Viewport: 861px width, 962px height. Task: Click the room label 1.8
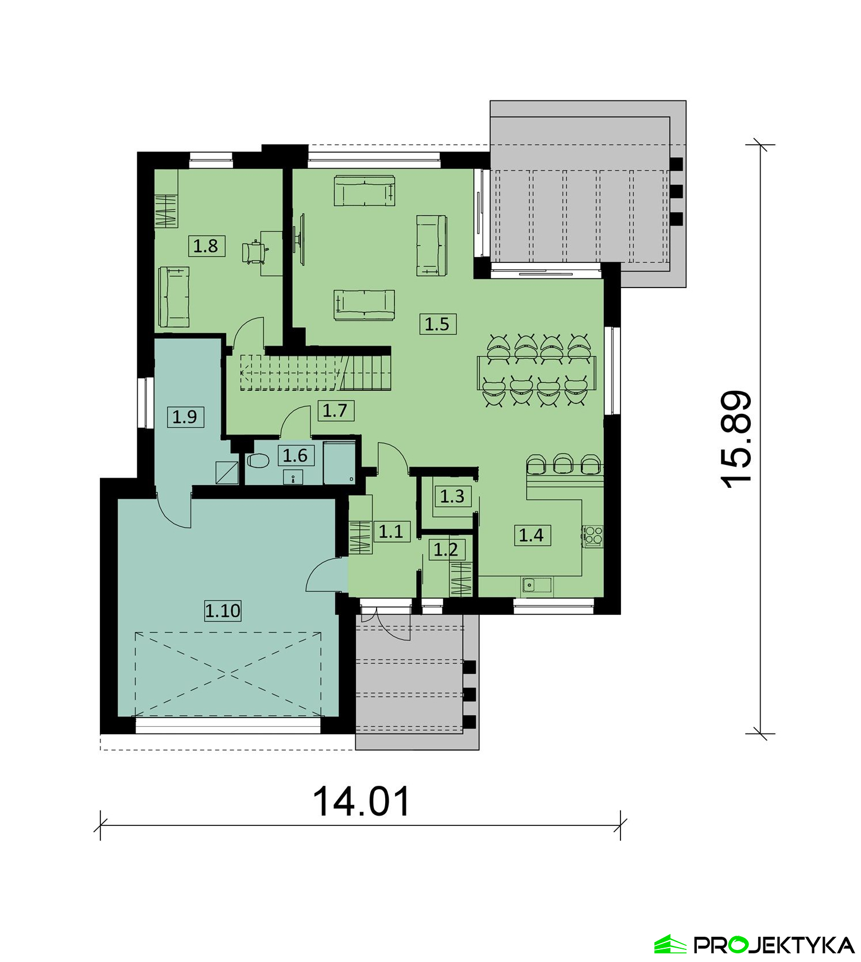(206, 246)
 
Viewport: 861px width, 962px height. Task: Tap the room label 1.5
(437, 324)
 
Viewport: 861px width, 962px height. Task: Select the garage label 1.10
(223, 610)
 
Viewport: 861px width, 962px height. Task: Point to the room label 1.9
(185, 417)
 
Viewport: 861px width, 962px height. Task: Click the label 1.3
(452, 496)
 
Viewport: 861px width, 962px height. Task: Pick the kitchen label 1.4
(532, 535)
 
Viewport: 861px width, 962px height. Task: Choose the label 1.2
(446, 550)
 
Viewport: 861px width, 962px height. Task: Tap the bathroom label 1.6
(296, 456)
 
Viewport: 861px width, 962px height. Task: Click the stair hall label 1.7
(335, 410)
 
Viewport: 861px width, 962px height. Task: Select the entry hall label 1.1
(391, 532)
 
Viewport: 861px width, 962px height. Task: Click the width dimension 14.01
(362, 801)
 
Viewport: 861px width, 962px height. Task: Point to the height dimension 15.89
(736, 439)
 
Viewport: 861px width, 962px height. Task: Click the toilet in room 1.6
(258, 460)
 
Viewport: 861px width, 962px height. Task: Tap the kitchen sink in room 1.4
(537, 585)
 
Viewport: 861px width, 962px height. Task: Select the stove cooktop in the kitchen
(593, 535)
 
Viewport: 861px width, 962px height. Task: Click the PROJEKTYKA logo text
(774, 944)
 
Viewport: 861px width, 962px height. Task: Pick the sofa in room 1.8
(174, 297)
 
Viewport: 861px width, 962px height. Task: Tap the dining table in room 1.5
(537, 373)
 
